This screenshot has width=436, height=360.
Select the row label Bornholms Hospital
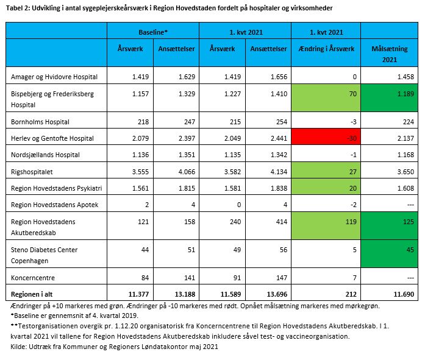(40, 122)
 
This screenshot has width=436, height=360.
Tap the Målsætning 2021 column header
(389, 54)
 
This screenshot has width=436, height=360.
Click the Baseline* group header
(153, 32)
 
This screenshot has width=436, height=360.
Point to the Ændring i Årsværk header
(326, 49)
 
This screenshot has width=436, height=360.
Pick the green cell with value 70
(326, 98)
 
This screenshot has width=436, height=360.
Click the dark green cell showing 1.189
(389, 98)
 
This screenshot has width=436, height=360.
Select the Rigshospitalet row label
(32, 172)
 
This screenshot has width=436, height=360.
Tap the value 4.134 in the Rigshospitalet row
(279, 172)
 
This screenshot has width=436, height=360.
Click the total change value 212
(351, 294)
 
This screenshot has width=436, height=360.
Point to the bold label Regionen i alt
(32, 294)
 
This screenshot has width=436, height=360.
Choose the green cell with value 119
(326, 226)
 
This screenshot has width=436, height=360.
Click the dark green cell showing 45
(389, 254)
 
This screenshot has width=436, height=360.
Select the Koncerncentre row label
(33, 278)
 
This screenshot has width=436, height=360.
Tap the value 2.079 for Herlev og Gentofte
(140, 138)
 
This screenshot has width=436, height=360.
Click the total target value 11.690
(404, 294)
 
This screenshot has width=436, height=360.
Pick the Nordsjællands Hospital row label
(45, 155)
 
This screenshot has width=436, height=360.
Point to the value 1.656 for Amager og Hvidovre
(279, 77)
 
